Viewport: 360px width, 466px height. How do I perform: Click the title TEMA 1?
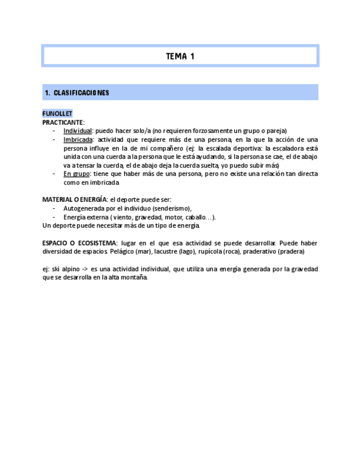pyautogui.click(x=180, y=56)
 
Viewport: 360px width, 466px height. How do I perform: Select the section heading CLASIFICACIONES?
pyautogui.click(x=81, y=93)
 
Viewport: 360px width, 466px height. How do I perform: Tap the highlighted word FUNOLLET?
pyautogui.click(x=57, y=114)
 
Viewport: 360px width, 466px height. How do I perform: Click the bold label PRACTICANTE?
pyautogui.click(x=63, y=122)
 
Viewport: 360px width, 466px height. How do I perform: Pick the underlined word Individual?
pyautogui.click(x=77, y=131)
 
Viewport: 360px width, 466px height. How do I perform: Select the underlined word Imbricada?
pyautogui.click(x=78, y=140)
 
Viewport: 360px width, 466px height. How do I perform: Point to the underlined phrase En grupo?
pyautogui.click(x=76, y=174)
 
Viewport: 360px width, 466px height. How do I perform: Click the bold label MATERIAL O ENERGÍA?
pyautogui.click(x=74, y=199)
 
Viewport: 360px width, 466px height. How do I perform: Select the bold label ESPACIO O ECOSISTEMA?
pyautogui.click(x=80, y=243)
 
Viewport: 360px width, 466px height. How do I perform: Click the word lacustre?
pyautogui.click(x=165, y=252)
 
